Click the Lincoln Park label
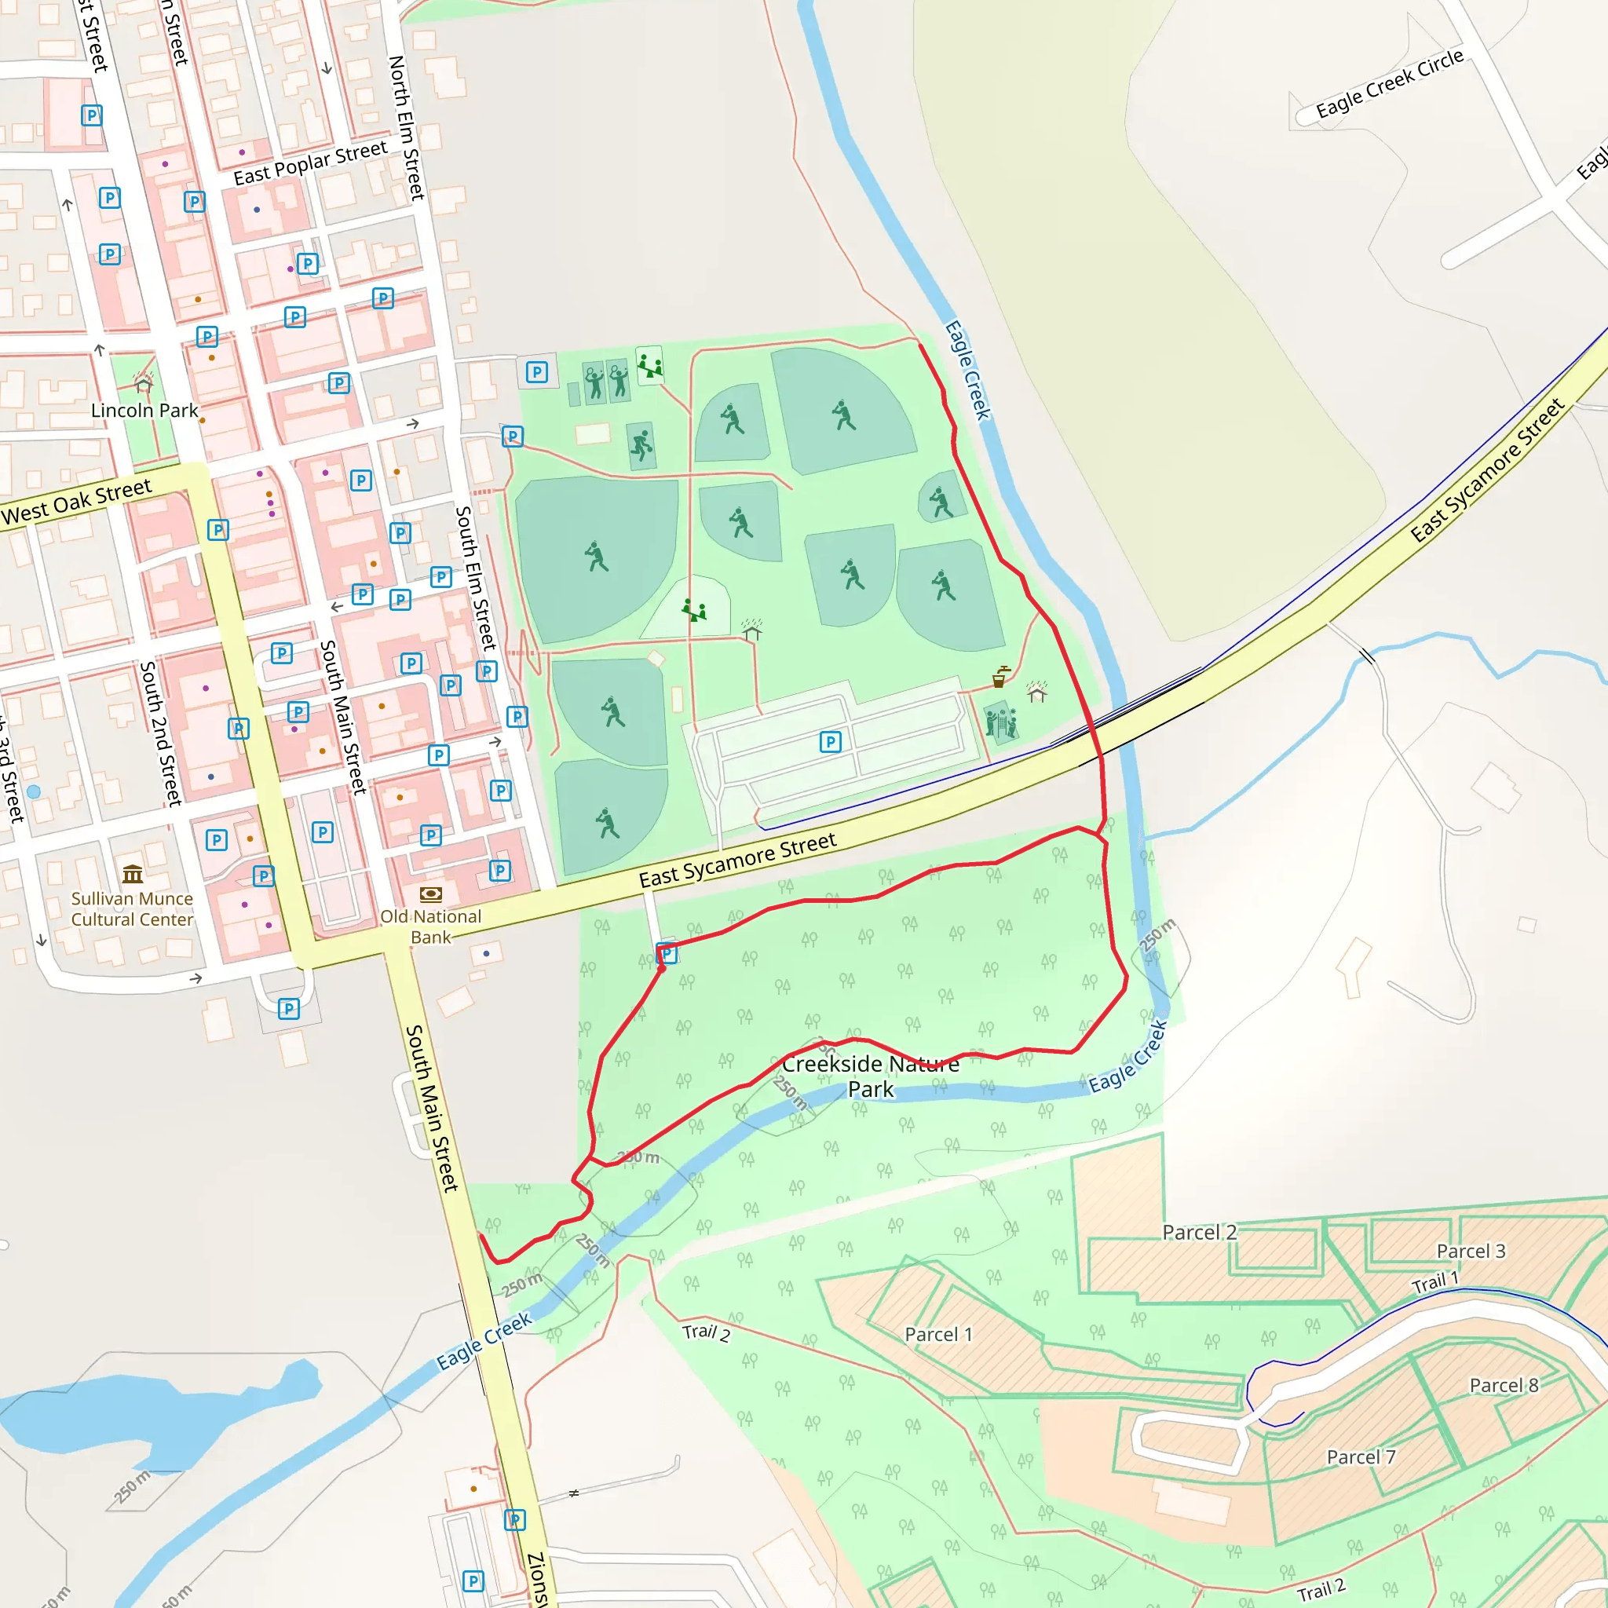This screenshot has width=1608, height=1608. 144,411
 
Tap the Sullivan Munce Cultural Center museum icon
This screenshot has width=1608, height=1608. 133,874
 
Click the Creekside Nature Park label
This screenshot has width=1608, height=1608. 871,1076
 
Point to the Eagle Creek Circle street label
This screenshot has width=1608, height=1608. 1389,83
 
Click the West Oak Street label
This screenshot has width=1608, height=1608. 77,502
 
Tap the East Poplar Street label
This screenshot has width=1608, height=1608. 309,163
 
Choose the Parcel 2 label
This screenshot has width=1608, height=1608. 1200,1233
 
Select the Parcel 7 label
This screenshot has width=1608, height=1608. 1361,1456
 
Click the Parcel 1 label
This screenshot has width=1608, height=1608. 938,1334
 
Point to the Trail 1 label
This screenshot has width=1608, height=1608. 1435,1283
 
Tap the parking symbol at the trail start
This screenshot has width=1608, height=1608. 667,954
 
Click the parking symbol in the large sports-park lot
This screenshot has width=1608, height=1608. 830,741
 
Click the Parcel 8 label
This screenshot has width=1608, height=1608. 1504,1385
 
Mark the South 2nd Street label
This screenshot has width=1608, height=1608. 160,733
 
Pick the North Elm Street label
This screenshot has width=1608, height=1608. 407,127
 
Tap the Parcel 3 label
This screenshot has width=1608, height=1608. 1471,1251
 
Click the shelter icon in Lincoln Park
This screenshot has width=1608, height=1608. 144,382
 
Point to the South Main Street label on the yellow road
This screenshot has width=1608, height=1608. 431,1108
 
